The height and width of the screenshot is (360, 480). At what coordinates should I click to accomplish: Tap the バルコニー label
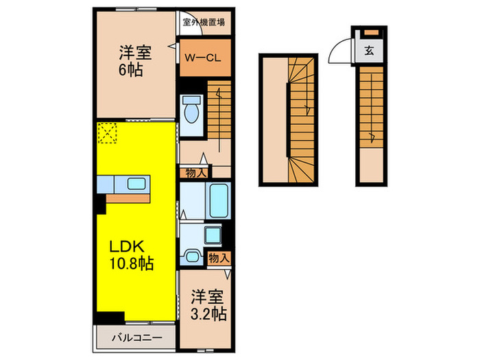click(x=137, y=338)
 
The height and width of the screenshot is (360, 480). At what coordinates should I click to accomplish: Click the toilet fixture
click(x=191, y=110)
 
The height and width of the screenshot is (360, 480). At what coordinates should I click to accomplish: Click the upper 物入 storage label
click(x=195, y=173)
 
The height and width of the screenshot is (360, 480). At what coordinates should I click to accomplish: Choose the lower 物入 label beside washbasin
click(x=219, y=259)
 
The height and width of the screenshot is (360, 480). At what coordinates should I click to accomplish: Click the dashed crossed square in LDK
click(x=107, y=134)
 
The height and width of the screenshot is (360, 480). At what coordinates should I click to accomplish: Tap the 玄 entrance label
click(x=369, y=50)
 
